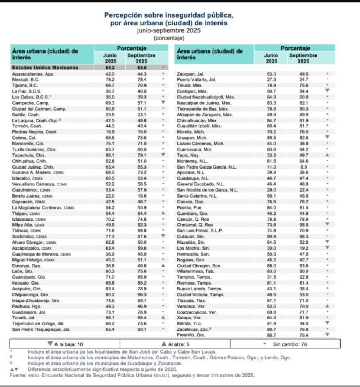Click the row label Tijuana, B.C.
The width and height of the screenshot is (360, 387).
click(x=25, y=85)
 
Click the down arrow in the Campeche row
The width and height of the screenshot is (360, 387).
click(x=163, y=102)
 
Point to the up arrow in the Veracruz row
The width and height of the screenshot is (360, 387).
click(x=327, y=305)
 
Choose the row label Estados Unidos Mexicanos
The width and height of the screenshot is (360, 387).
click(x=45, y=68)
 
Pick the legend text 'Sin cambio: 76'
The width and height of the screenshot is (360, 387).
click(x=288, y=344)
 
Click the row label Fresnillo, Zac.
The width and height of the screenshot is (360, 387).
click(x=191, y=335)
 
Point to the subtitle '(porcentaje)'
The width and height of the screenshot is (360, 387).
click(x=169, y=38)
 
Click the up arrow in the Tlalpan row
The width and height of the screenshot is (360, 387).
click(x=163, y=213)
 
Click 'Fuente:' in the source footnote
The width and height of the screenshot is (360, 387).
click(x=17, y=376)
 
